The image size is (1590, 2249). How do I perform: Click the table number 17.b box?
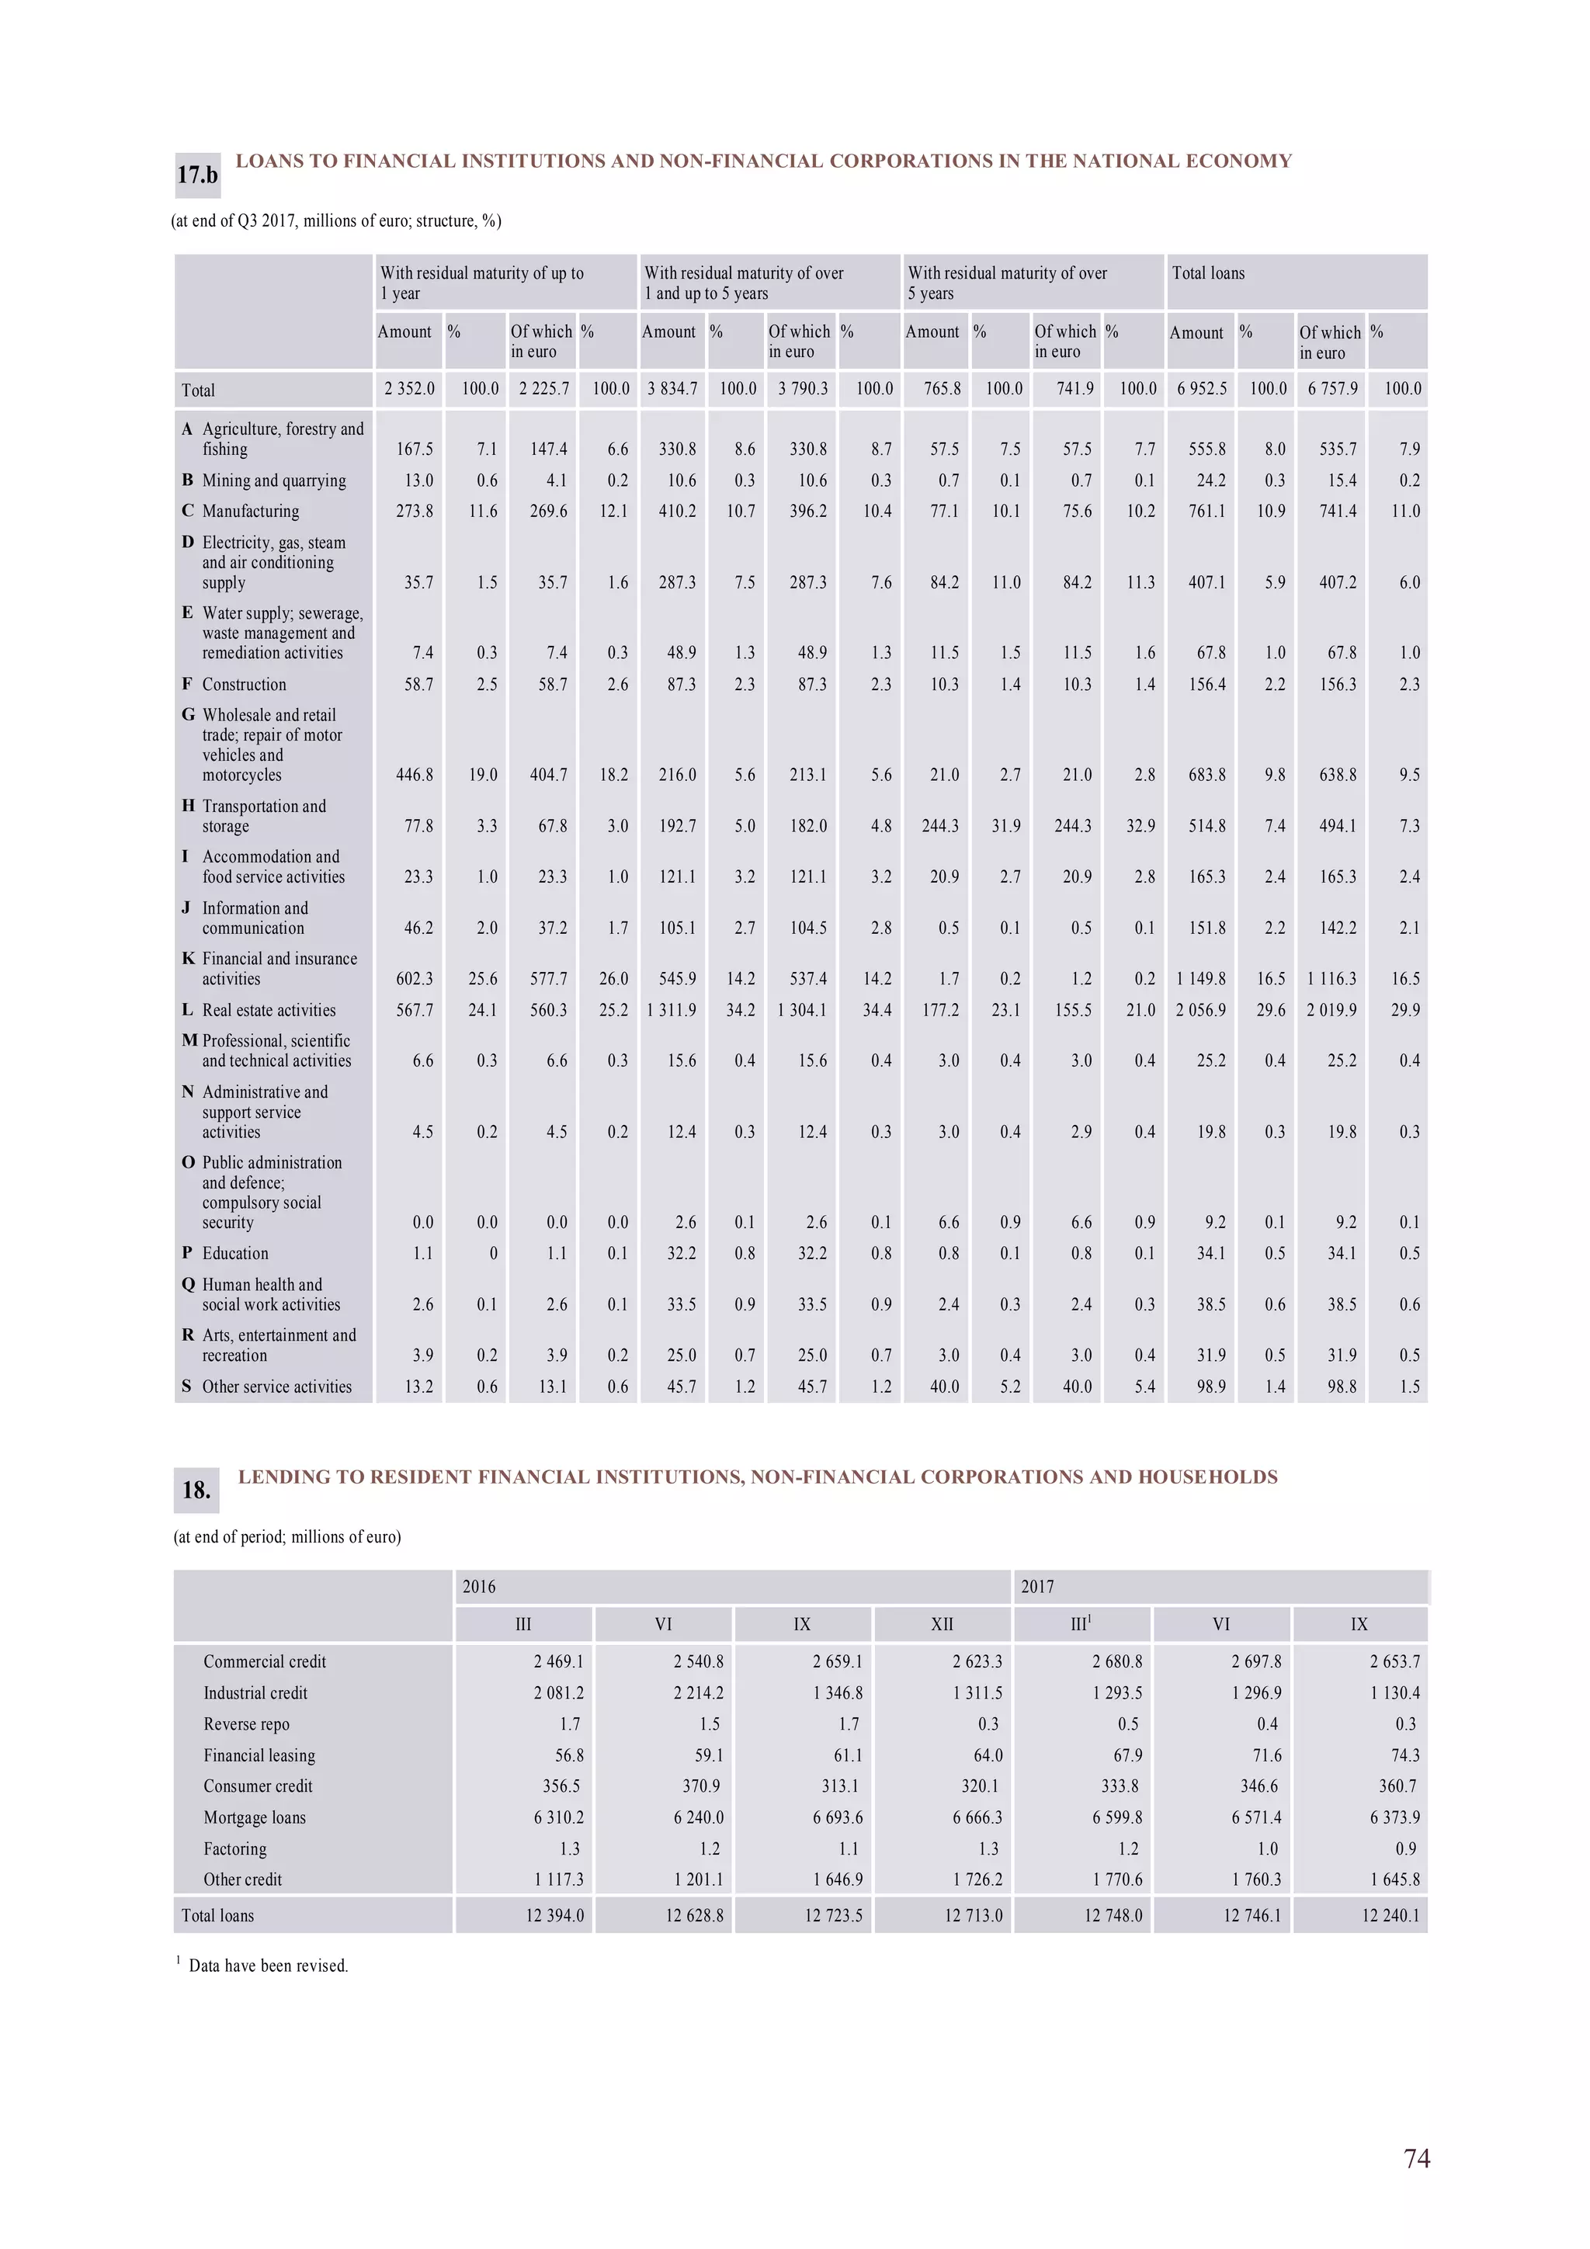pos(197,175)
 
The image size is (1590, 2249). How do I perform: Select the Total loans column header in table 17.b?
pos(1208,273)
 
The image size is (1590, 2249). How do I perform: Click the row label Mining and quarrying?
pos(273,480)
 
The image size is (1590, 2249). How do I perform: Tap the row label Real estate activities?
pos(269,1010)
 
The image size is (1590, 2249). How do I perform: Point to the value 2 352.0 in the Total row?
pos(409,389)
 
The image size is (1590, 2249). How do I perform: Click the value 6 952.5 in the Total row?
pos(1201,389)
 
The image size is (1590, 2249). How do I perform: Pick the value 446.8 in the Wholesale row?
pos(415,775)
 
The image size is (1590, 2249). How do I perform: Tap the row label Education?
pos(235,1253)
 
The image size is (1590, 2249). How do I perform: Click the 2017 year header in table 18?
pos(1037,1586)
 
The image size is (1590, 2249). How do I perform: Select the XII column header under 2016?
pos(942,1624)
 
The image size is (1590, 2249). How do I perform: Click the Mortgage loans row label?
pos(255,1817)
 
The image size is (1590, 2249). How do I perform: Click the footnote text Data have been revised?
pos(269,1966)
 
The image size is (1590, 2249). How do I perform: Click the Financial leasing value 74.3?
pos(1405,1755)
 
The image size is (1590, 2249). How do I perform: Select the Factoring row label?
pos(235,1848)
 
